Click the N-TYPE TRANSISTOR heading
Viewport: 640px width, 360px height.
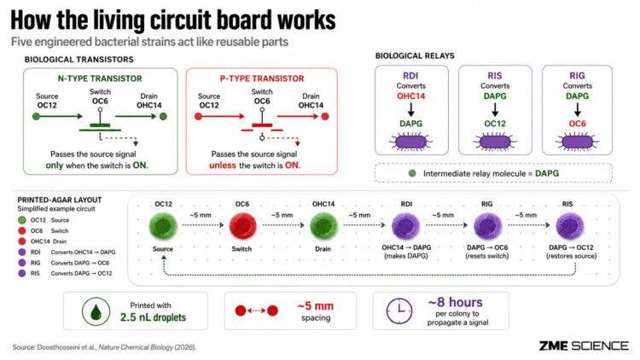[100, 78]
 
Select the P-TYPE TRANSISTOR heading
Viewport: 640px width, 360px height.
[262, 78]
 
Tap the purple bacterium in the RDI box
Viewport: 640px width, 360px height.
[410, 142]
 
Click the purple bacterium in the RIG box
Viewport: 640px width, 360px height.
[577, 142]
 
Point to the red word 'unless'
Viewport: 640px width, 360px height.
[223, 165]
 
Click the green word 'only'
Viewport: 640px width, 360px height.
[55, 165]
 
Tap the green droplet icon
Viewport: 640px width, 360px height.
[96, 311]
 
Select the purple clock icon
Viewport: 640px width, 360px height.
[399, 311]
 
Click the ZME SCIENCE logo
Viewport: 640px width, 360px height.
[584, 345]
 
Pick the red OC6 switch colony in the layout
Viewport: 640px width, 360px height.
[242, 226]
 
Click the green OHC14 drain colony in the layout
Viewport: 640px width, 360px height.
[323, 226]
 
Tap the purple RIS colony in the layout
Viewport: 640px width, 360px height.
[570, 226]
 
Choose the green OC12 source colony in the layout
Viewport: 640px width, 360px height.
[163, 226]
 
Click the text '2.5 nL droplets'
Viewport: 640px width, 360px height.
[153, 317]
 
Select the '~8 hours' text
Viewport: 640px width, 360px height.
[455, 302]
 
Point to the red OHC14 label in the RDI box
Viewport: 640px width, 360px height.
[411, 96]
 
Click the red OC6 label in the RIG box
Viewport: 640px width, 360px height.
[577, 124]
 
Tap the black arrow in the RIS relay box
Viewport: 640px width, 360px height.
[495, 110]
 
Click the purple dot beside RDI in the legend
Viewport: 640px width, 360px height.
[22, 253]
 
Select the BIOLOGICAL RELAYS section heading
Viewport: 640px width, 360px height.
[415, 56]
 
